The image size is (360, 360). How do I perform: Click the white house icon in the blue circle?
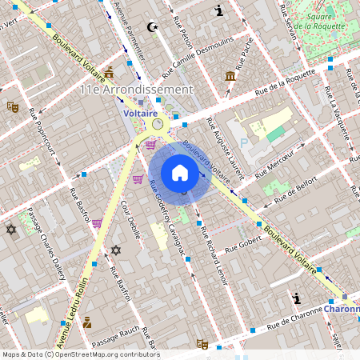[x=180, y=173]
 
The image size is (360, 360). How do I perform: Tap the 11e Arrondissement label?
[x=136, y=90]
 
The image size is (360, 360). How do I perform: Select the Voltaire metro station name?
[x=141, y=114]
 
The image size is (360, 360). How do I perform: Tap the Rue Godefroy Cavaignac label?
[x=166, y=216]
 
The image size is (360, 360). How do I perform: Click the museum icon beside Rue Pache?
[x=230, y=76]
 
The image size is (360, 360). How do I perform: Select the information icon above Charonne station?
[x=298, y=298]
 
